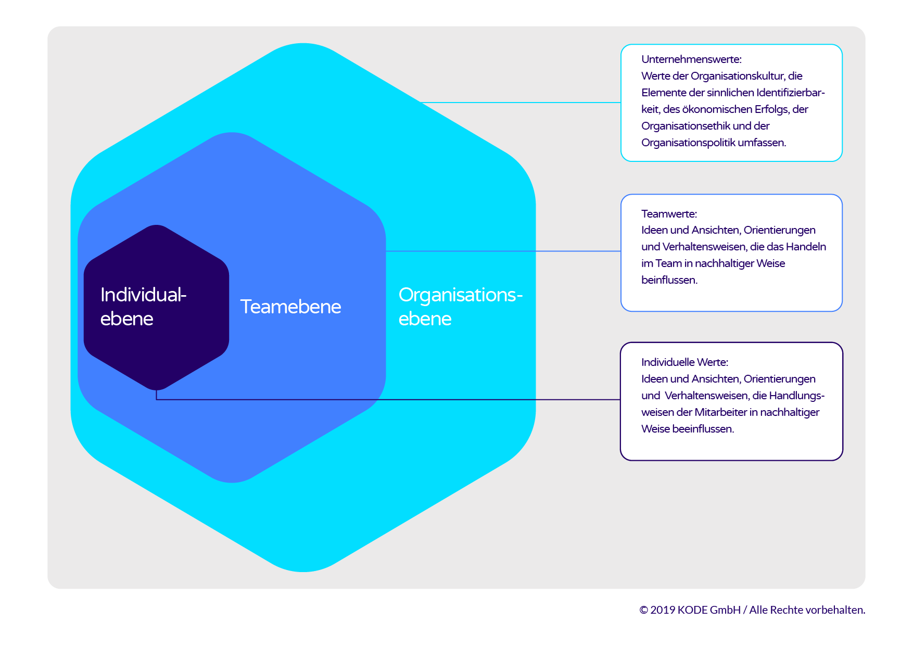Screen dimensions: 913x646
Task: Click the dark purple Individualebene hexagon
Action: (x=156, y=307)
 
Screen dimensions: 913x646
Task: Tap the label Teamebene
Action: (x=290, y=307)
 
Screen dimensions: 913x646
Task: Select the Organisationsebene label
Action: (x=461, y=307)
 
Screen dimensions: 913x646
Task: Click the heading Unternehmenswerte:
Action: (x=691, y=59)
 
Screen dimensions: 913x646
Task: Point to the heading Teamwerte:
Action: (x=669, y=213)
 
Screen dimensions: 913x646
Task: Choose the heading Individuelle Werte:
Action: (x=684, y=362)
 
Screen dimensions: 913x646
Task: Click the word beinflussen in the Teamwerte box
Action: (x=668, y=280)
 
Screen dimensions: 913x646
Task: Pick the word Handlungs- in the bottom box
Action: (x=796, y=396)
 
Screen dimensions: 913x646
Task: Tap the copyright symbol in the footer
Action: (x=643, y=610)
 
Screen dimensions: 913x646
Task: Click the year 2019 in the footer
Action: (x=663, y=610)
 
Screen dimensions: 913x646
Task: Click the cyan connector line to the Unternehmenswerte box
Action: (x=521, y=103)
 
